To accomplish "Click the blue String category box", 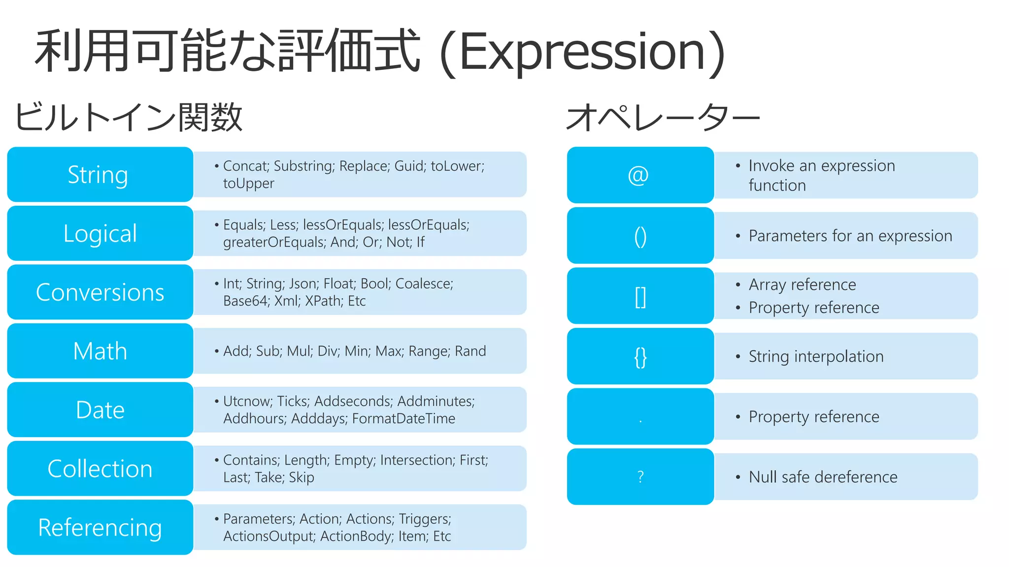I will click(x=100, y=175).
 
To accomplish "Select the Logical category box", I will click(x=100, y=233).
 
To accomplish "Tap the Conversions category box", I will click(x=100, y=292).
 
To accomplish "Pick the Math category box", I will click(x=100, y=351).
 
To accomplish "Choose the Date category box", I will click(x=100, y=409).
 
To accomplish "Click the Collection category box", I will click(x=100, y=469).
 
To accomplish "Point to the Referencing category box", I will click(x=100, y=527).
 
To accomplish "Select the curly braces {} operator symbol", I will click(x=640, y=357).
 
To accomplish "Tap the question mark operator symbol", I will click(x=640, y=476).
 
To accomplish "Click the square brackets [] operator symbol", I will click(x=640, y=297).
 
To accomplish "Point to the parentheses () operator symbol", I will click(x=640, y=237).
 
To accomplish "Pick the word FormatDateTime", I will click(x=404, y=418).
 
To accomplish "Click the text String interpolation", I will click(x=816, y=356).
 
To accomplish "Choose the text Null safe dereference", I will click(x=823, y=477).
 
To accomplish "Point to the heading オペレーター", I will click(x=663, y=118).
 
